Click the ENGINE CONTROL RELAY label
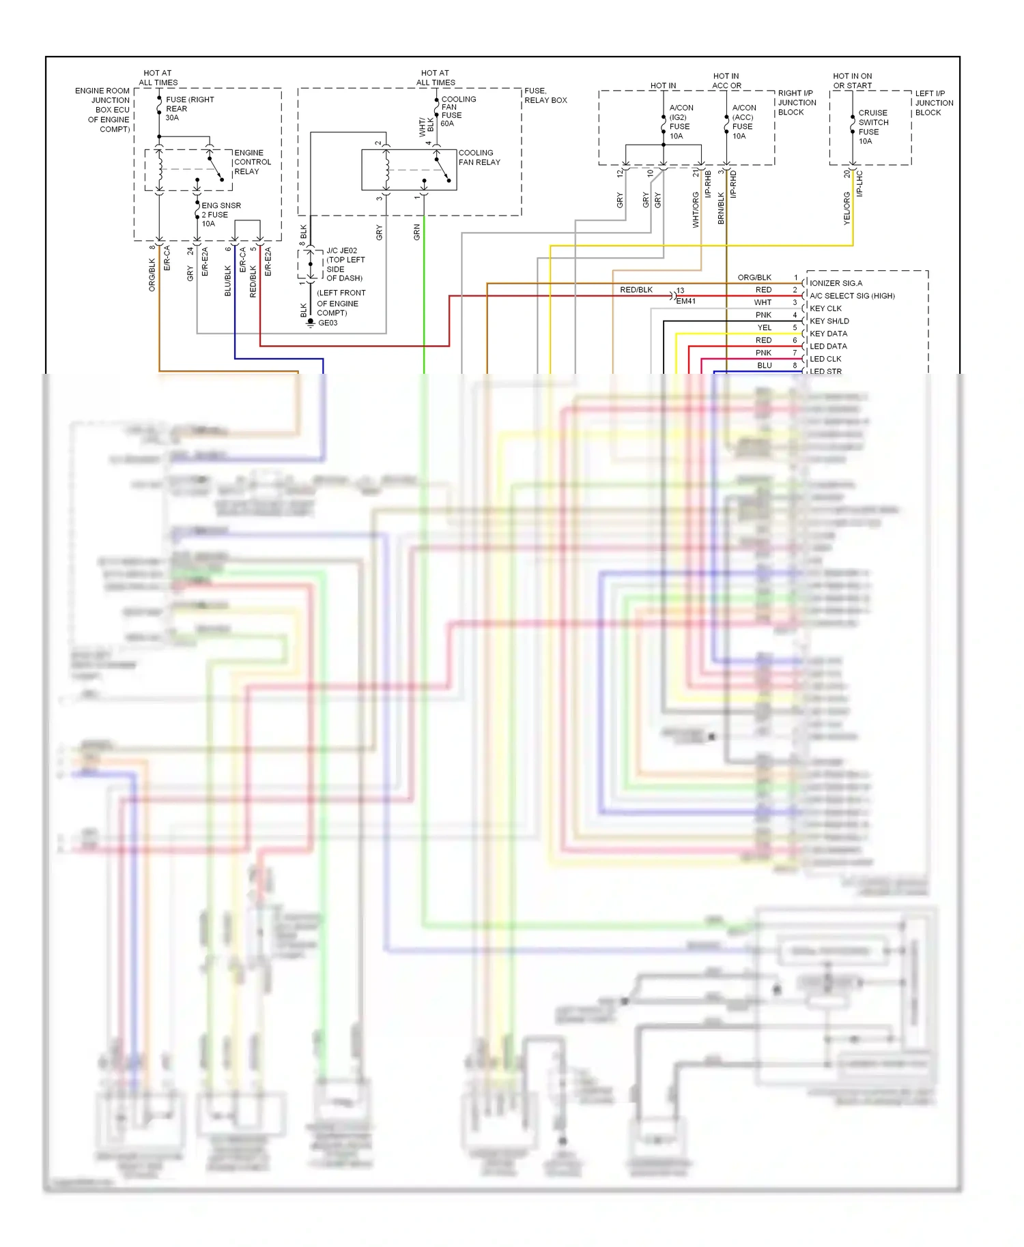click(252, 162)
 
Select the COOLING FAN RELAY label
click(479, 158)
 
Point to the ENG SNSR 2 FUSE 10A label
click(220, 214)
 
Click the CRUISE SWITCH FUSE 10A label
click(872, 127)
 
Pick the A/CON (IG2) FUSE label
click(680, 122)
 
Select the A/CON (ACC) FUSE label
click(743, 122)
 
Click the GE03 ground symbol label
click(328, 323)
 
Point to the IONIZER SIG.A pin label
click(836, 283)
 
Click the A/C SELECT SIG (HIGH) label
click(851, 296)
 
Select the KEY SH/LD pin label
click(829, 321)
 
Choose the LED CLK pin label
click(825, 359)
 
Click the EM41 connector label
click(685, 302)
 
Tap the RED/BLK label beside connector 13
click(636, 290)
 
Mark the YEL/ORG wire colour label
click(847, 208)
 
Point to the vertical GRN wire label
click(416, 233)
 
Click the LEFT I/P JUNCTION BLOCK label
click(933, 103)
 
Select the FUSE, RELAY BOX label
click(545, 96)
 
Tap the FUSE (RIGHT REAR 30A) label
click(189, 108)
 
